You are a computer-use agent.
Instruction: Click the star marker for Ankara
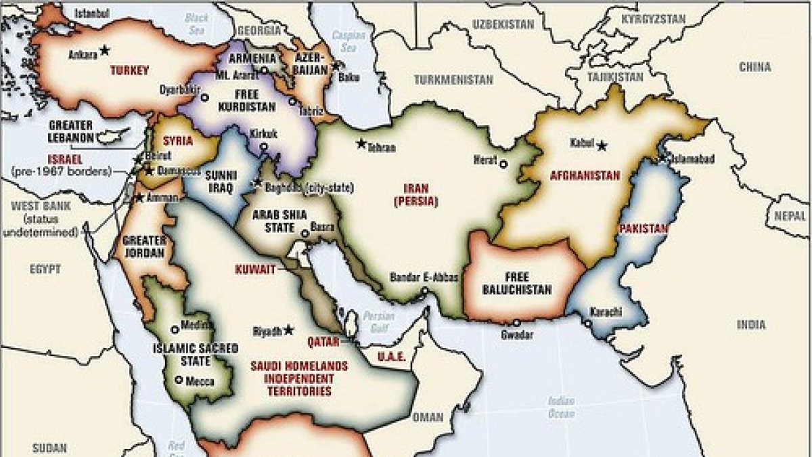point(104,49)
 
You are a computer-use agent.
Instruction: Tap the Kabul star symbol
point(600,144)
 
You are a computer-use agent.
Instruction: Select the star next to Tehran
point(361,144)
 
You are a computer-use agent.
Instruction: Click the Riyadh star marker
point(289,330)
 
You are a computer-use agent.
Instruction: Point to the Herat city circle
point(503,163)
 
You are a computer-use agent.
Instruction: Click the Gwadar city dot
point(517,323)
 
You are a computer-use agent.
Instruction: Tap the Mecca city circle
point(179,380)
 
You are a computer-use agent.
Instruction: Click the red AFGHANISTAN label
point(585,175)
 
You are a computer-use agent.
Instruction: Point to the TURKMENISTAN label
point(453,79)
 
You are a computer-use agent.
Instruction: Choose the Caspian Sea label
point(347,43)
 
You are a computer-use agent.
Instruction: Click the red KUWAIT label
point(255,269)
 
